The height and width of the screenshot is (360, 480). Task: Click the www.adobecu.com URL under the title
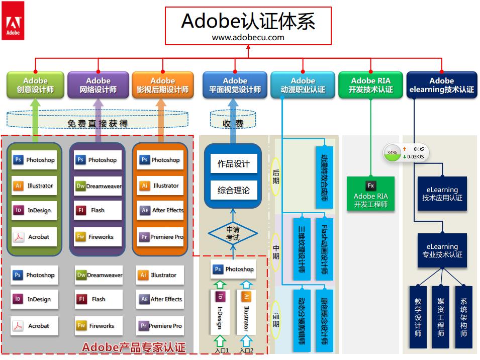pos(248,37)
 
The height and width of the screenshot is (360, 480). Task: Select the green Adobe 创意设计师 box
pos(35,85)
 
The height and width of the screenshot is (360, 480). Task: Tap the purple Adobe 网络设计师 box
pos(98,85)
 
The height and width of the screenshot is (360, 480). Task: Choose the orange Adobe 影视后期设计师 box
pos(162,85)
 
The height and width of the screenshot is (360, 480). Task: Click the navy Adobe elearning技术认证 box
pos(441,85)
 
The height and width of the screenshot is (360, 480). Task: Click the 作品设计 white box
pos(233,164)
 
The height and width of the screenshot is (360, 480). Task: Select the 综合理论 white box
pos(233,191)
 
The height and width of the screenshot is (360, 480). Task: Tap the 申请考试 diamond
pos(233,233)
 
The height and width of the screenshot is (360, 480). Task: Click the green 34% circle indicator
pos(392,152)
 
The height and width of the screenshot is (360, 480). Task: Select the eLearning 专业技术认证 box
pos(442,250)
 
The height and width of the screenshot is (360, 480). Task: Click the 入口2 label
pos(246,351)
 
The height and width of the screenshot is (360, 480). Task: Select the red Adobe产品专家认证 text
pos(133,347)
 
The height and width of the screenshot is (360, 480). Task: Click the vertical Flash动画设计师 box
pos(324,249)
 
